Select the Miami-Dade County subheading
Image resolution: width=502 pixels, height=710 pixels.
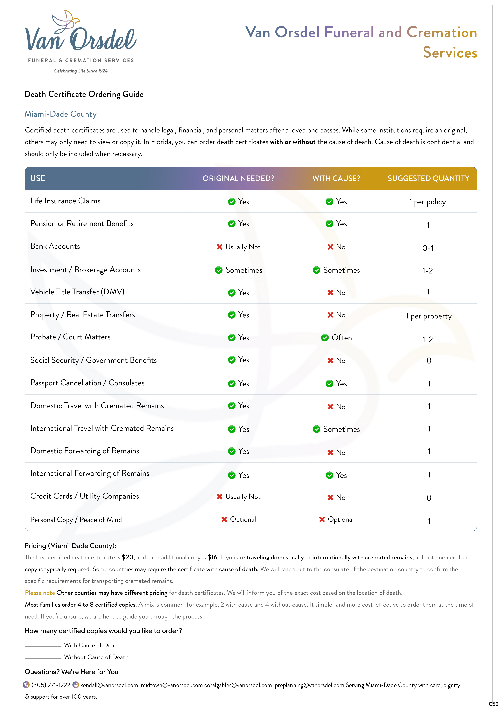pyautogui.click(x=60, y=114)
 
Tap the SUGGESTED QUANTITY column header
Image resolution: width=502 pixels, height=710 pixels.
pyautogui.click(x=428, y=179)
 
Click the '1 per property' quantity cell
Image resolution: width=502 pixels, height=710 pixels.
pyautogui.click(x=428, y=316)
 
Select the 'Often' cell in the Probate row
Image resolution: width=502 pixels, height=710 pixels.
pyautogui.click(x=341, y=338)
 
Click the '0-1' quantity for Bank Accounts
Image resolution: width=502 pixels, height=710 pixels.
pyautogui.click(x=428, y=248)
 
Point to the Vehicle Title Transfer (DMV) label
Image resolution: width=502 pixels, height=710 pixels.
pyautogui.click(x=77, y=292)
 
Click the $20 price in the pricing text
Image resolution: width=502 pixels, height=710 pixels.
pyautogui.click(x=128, y=557)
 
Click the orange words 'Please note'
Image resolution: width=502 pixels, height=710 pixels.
pyautogui.click(x=40, y=593)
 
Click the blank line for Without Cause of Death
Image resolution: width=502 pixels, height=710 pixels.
pyautogui.click(x=43, y=658)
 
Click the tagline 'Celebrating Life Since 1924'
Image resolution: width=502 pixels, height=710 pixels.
pyautogui.click(x=81, y=71)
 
